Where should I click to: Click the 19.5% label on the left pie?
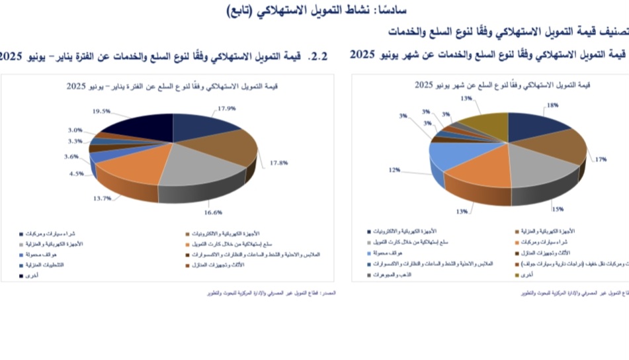click(x=102, y=111)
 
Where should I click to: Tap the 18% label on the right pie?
click(x=552, y=105)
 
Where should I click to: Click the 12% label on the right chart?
click(x=394, y=170)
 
